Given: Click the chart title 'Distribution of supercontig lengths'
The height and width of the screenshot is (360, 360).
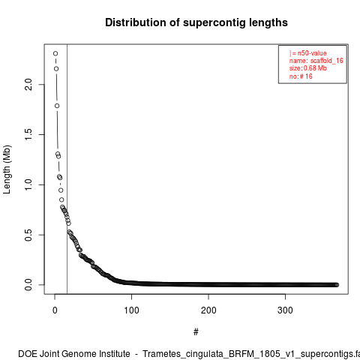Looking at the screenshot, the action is tap(196, 22).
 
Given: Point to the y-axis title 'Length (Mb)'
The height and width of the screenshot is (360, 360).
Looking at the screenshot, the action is tap(7, 169).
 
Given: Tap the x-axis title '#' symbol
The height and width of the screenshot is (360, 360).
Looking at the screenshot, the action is tap(196, 332).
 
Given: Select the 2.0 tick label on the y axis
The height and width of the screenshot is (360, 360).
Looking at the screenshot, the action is tap(28, 85).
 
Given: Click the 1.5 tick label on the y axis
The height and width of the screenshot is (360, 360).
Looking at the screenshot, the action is tap(28, 134).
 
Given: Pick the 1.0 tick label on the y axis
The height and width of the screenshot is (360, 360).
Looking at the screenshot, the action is tap(28, 184).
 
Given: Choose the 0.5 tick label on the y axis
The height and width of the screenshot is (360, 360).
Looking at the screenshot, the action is tap(28, 235).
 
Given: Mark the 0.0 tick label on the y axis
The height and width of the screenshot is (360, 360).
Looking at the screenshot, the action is tap(28, 285).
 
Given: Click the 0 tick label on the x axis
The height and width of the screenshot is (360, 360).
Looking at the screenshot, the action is tap(55, 310).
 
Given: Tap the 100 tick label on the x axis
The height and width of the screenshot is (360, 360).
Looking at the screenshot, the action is tap(131, 310).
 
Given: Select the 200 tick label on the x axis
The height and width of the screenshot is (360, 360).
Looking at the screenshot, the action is tap(208, 310).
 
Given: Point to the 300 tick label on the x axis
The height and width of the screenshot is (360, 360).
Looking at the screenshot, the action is tap(285, 310).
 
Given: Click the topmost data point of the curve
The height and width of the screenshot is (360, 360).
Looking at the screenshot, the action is tap(55, 53).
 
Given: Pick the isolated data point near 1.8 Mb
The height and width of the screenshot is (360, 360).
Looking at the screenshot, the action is tap(57, 106).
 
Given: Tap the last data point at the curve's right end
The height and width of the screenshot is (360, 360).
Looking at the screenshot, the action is tap(337, 285).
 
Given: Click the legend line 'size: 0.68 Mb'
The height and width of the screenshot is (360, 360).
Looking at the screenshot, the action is tap(308, 68).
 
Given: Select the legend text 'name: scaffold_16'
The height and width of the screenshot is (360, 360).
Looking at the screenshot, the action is tap(316, 61).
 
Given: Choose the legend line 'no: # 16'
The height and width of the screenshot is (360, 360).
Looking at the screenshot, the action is tap(301, 76).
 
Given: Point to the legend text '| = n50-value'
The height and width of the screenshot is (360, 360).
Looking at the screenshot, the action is tap(308, 53).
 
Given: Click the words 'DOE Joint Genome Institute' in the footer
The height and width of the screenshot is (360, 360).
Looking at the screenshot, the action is tap(74, 354).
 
